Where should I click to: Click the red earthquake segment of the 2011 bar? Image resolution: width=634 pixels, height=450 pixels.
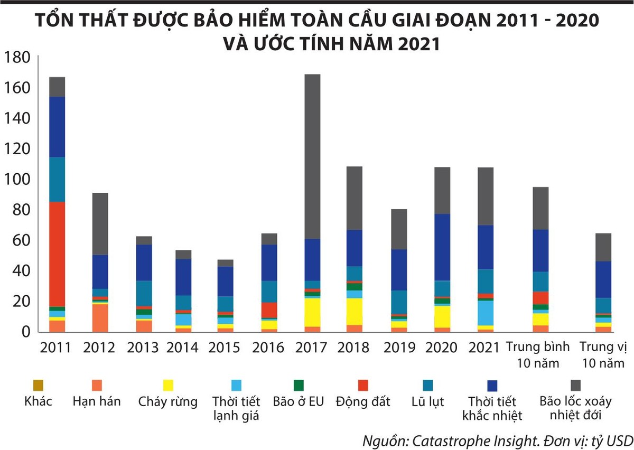click(x=57, y=254)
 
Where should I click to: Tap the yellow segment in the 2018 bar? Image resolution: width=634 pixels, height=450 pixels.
click(x=354, y=312)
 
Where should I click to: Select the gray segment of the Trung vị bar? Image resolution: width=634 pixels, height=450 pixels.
click(x=603, y=247)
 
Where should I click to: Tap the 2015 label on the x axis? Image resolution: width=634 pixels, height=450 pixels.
click(x=224, y=348)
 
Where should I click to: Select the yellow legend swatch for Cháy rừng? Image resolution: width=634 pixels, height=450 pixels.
click(x=167, y=386)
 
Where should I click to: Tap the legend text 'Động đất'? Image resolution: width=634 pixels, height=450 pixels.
click(x=362, y=402)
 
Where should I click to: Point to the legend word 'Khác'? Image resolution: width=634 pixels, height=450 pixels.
click(x=38, y=402)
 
